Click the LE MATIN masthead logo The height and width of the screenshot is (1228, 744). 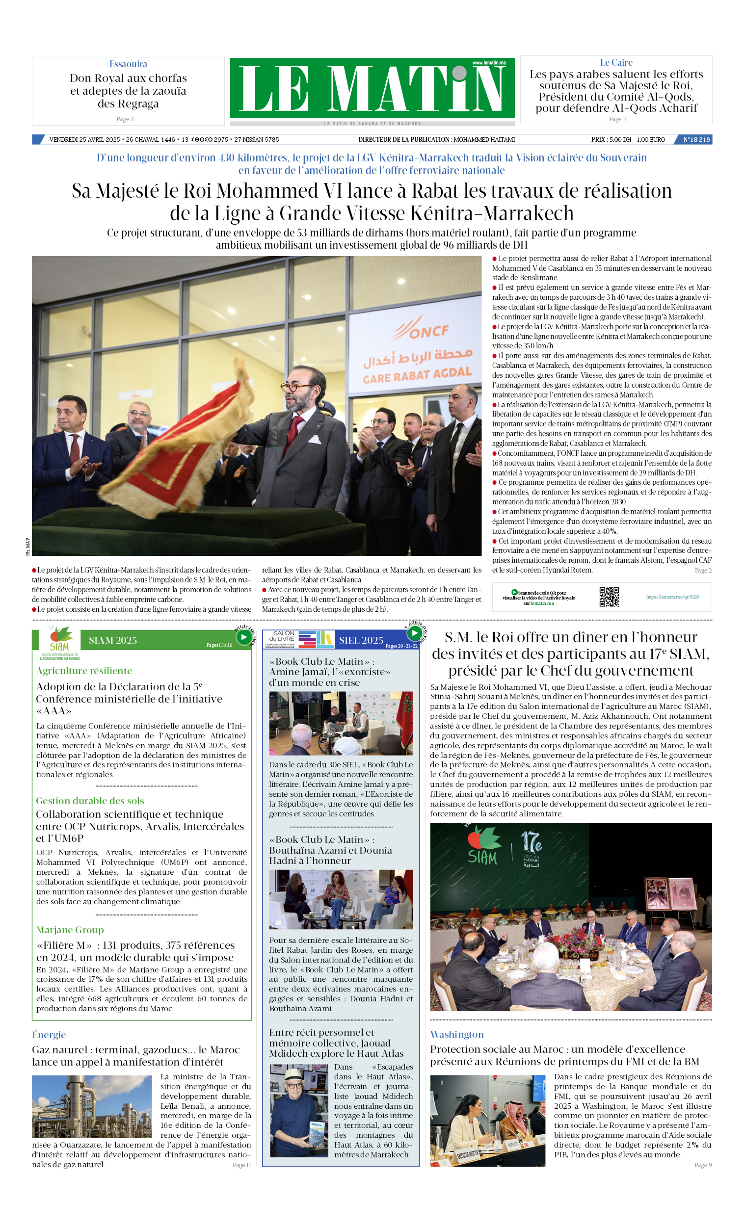pyautogui.click(x=372, y=88)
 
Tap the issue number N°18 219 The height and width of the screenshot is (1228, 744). pyautogui.click(x=695, y=139)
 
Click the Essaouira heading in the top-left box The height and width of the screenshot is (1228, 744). pyautogui.click(x=128, y=64)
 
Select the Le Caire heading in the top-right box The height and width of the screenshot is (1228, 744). pyautogui.click(x=616, y=63)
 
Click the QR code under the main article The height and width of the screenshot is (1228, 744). pyautogui.click(x=609, y=597)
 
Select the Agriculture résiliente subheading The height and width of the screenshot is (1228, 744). pyautogui.click(x=84, y=671)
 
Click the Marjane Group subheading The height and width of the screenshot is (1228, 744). pyautogui.click(x=70, y=930)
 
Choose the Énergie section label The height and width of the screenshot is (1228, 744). pyautogui.click(x=49, y=1034)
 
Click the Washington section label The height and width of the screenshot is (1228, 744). pyautogui.click(x=457, y=1034)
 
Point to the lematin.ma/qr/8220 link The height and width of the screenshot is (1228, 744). pyautogui.click(x=673, y=597)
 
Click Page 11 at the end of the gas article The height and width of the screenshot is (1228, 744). pyautogui.click(x=241, y=1165)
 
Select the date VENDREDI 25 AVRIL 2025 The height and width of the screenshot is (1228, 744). pyautogui.click(x=84, y=139)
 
